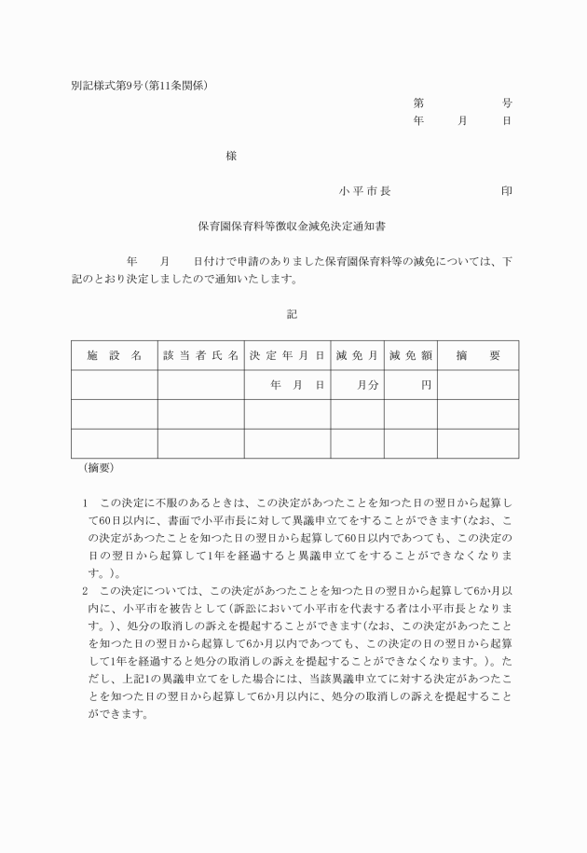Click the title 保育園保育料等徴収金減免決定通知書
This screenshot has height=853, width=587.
[x=293, y=226]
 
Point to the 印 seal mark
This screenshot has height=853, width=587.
[x=506, y=191]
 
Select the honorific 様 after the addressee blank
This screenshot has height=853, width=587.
[x=231, y=157]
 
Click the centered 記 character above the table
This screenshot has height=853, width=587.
[x=292, y=314]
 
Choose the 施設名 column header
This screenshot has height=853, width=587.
[x=114, y=355]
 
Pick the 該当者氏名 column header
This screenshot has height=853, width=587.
[x=200, y=355]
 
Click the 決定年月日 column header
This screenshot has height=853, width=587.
[x=287, y=355]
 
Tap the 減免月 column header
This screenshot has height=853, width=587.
[x=358, y=355]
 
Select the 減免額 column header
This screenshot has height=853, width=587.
[x=411, y=355]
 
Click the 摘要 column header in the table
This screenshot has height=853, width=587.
[x=478, y=355]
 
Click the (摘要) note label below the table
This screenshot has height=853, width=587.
[x=98, y=467]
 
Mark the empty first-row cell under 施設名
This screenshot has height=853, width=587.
[x=114, y=384]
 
